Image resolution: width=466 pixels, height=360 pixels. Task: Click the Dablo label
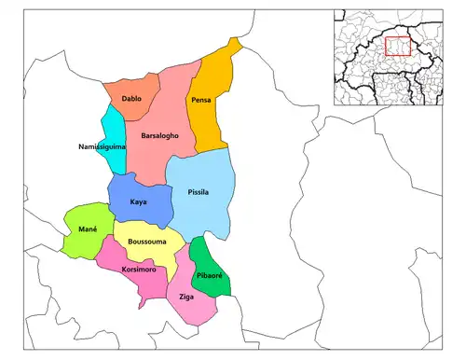pos(131,98)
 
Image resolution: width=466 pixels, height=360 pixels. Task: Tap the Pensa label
pos(201,100)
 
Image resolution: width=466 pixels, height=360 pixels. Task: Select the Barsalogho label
pos(159,136)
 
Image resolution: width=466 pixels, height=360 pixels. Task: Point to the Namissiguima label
pos(103,147)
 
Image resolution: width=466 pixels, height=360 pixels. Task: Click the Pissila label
pos(197,193)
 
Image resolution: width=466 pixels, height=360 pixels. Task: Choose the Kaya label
pos(139,201)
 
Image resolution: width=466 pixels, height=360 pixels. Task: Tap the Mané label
pos(89,229)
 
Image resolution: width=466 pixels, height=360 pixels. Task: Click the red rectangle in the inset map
pos(398,44)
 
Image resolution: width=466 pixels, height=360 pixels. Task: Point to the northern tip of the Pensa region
pos(238,42)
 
